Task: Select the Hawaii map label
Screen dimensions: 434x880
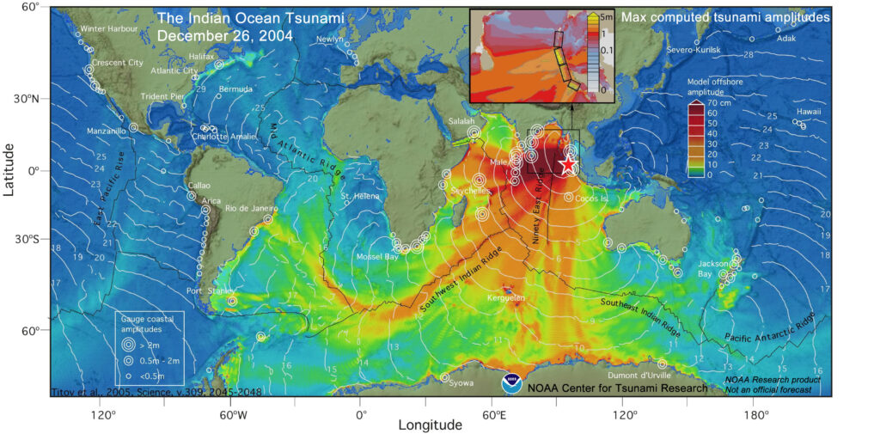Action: (808, 112)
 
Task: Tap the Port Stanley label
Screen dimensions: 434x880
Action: (205, 290)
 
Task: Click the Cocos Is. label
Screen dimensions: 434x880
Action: (591, 197)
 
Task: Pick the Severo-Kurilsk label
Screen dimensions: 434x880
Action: (694, 50)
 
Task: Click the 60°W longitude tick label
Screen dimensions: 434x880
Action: (233, 414)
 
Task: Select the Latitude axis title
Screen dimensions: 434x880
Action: (10, 169)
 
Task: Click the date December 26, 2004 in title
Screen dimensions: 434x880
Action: (224, 36)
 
